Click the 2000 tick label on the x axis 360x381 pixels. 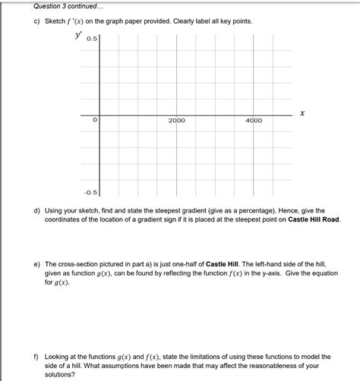[x=176, y=121]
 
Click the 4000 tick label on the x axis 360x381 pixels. [x=254, y=121]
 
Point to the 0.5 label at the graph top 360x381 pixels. [x=92, y=39]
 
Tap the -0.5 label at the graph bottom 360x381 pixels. [x=90, y=193]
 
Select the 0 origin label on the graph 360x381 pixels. [x=94, y=120]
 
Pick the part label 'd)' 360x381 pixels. [x=35, y=210]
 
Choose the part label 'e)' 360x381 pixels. [x=35, y=259]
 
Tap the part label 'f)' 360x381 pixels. [x=35, y=356]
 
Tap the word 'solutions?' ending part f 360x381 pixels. [x=62, y=374]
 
